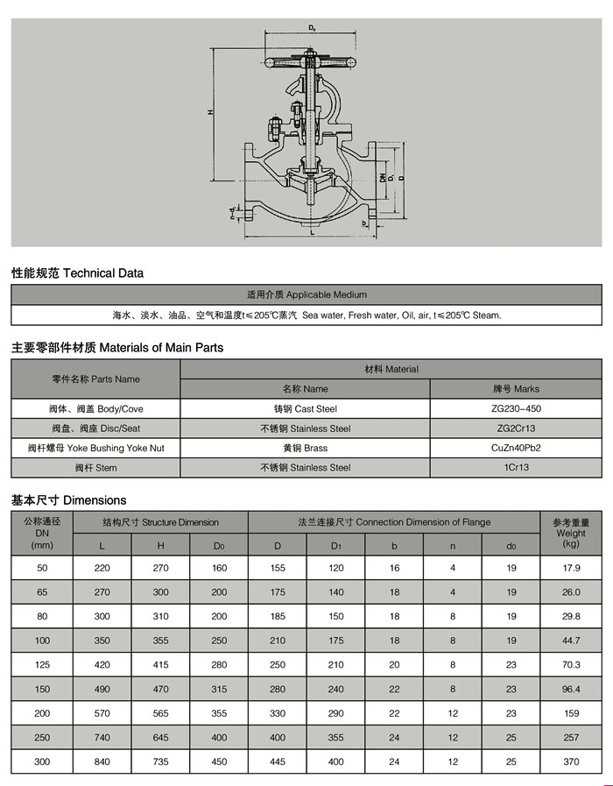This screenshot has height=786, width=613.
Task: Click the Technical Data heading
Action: tap(77, 273)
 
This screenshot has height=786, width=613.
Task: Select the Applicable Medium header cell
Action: tap(306, 294)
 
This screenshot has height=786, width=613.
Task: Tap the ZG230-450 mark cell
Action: tap(515, 409)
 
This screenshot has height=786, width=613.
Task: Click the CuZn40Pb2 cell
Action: tap(515, 448)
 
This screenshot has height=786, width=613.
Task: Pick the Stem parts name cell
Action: tap(95, 468)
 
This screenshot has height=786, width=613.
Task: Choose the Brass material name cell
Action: tap(306, 448)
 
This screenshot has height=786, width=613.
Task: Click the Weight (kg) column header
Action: tap(571, 533)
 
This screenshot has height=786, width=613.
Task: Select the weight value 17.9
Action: tap(571, 568)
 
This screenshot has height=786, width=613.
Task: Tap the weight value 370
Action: tap(571, 762)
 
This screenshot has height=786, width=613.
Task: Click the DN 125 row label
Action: tap(42, 665)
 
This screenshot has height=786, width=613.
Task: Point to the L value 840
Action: tap(102, 762)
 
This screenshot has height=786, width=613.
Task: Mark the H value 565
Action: tap(160, 714)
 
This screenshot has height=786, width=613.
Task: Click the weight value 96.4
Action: tap(571, 690)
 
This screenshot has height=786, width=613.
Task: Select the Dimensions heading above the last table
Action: tap(68, 501)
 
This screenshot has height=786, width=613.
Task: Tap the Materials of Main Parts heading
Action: tap(117, 348)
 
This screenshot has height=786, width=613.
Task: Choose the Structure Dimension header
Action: tap(160, 522)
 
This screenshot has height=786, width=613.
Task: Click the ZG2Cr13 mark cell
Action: tap(515, 428)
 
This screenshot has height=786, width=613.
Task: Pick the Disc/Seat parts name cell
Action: tap(95, 428)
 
